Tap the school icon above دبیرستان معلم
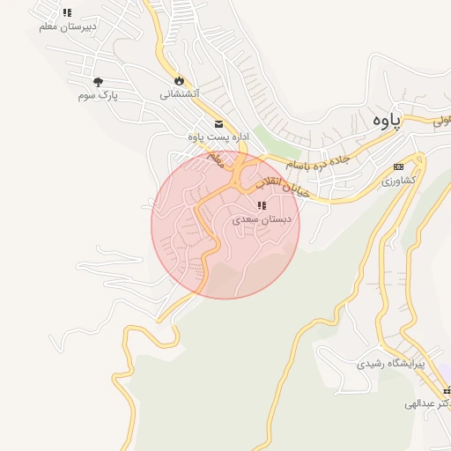click(68, 13)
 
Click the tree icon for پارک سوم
click(97, 82)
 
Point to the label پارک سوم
click(97, 94)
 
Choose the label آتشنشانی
click(180, 92)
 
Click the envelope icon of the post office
click(218, 124)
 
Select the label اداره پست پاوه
click(219, 137)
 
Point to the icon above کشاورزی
click(398, 166)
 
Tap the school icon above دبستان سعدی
click(261, 206)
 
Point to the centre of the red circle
click(225, 225)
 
